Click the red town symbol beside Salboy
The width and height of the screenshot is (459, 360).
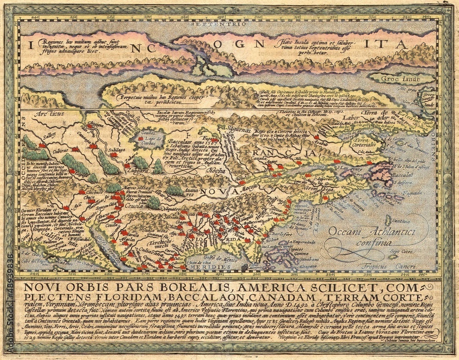pyautogui.click(x=42, y=145)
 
